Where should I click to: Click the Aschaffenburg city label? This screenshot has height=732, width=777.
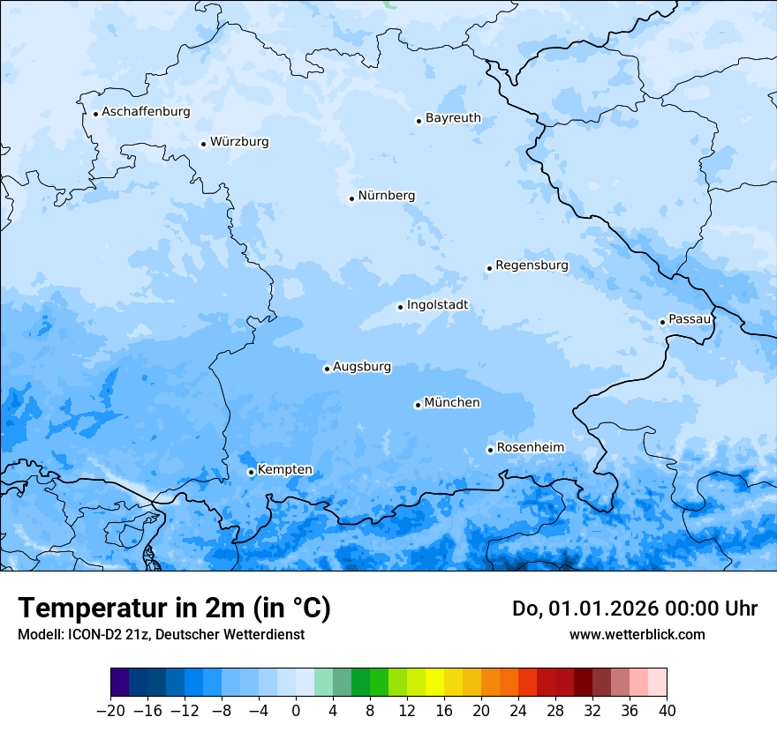pos(146,112)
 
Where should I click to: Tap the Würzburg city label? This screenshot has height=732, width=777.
pos(239,142)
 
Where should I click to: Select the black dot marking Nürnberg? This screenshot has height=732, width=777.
pos(351,198)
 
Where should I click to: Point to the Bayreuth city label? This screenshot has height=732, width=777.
pos(453,118)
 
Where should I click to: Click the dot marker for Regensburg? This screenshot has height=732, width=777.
pos(489,268)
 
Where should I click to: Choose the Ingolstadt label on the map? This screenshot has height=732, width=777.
pos(437,306)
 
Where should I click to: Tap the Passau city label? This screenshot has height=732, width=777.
pos(689,319)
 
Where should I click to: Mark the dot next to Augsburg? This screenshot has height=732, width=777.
pos(327,369)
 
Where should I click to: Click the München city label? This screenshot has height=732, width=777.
pos(452,403)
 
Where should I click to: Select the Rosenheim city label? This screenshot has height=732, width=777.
pos(530,448)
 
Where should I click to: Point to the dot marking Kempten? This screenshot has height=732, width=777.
pos(251,472)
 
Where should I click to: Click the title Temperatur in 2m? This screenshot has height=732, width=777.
pos(174,609)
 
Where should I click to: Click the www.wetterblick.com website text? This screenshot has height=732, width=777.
pos(637,634)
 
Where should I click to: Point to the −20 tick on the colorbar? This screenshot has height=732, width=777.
pos(110,711)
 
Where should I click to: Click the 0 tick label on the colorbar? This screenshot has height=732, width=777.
pos(296,711)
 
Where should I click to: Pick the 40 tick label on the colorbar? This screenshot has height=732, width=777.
pos(667,711)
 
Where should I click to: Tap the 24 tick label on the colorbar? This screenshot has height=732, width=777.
pos(518,711)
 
